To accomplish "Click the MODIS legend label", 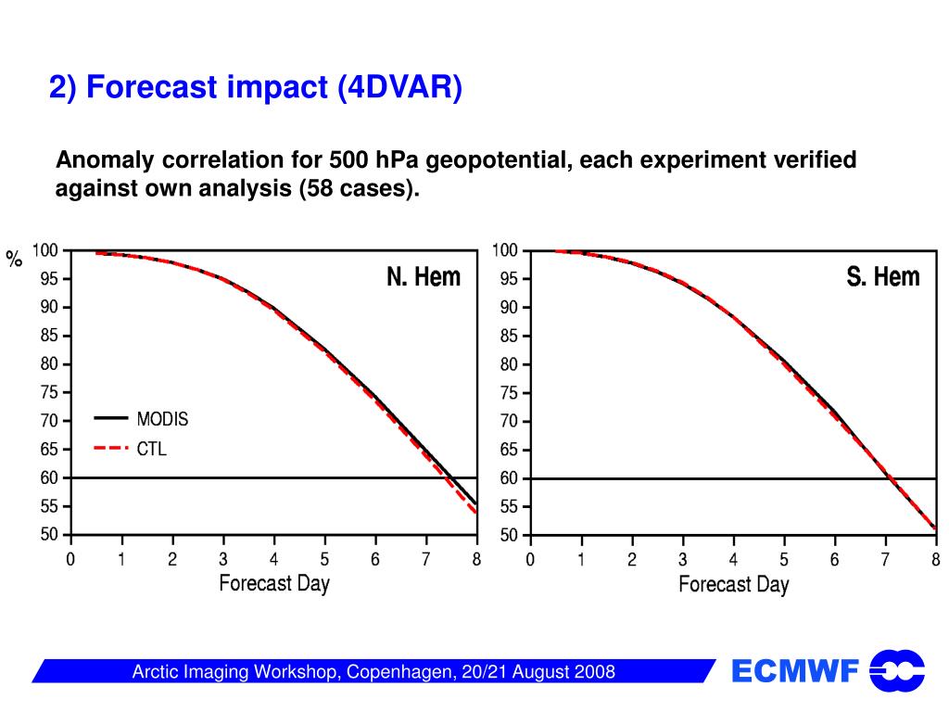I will [x=162, y=419].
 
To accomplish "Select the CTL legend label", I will [x=152, y=450].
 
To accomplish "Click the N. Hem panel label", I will [x=424, y=276].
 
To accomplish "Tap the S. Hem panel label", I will [x=882, y=276].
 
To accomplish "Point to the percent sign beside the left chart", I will [x=14, y=260].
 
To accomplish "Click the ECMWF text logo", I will [x=795, y=671].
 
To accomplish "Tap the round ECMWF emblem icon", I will [x=897, y=671].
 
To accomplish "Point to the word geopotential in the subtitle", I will [x=487, y=160].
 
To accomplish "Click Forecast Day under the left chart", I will [x=274, y=583].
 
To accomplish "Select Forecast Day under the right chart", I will [x=734, y=584].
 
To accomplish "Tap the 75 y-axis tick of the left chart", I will [x=48, y=392].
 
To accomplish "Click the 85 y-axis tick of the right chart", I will [x=508, y=336].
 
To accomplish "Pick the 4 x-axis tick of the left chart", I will [x=274, y=559].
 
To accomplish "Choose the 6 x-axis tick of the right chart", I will [x=835, y=560].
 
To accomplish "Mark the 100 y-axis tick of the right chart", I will [x=505, y=250].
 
